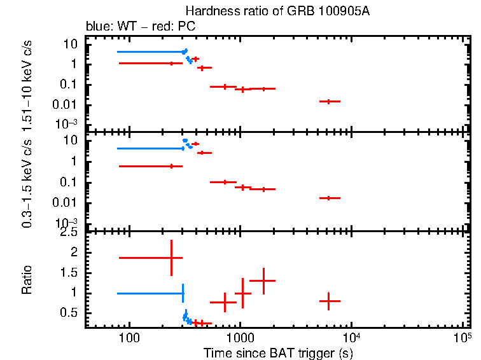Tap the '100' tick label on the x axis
(x=130, y=338)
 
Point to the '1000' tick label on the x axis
(x=240, y=338)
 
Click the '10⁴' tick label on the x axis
(x=351, y=337)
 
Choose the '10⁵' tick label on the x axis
(x=462, y=337)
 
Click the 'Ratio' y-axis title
(x=27, y=280)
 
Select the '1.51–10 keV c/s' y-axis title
(x=27, y=84)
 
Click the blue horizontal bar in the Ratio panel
(x=150, y=293)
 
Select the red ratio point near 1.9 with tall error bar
(x=171, y=258)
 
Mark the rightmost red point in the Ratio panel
(x=328, y=301)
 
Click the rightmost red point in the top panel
(x=328, y=101)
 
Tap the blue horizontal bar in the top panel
(x=150, y=52)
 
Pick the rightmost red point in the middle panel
(x=328, y=198)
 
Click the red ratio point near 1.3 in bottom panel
(x=262, y=280)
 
